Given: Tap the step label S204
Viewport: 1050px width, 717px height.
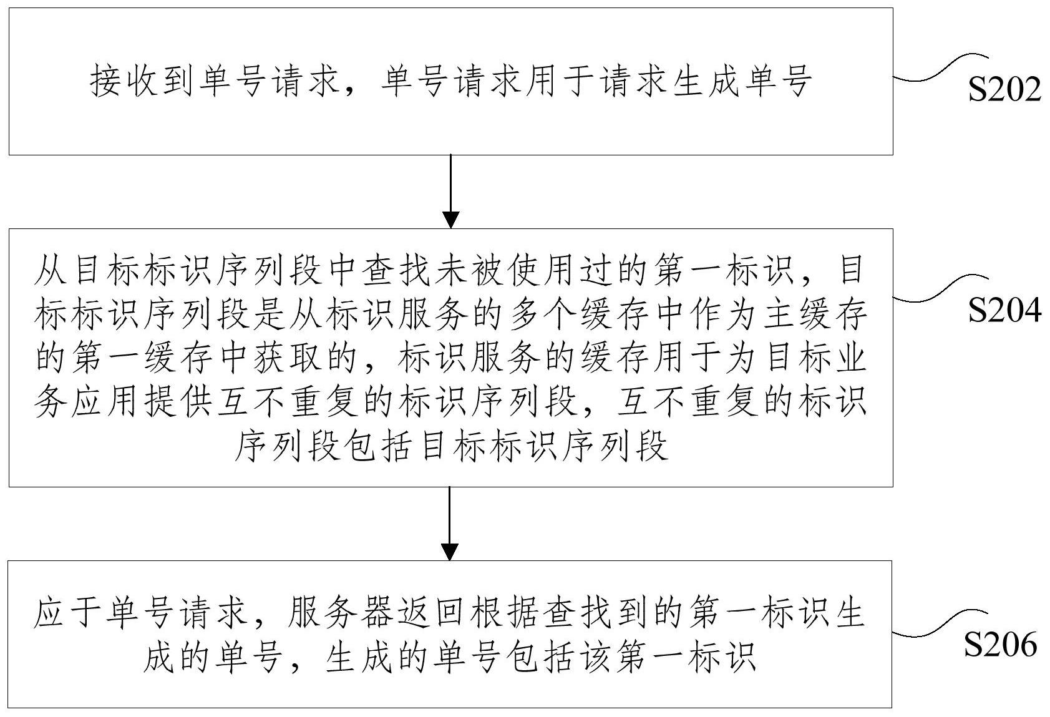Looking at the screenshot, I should tap(1004, 310).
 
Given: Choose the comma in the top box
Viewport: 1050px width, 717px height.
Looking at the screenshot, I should tap(359, 87).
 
